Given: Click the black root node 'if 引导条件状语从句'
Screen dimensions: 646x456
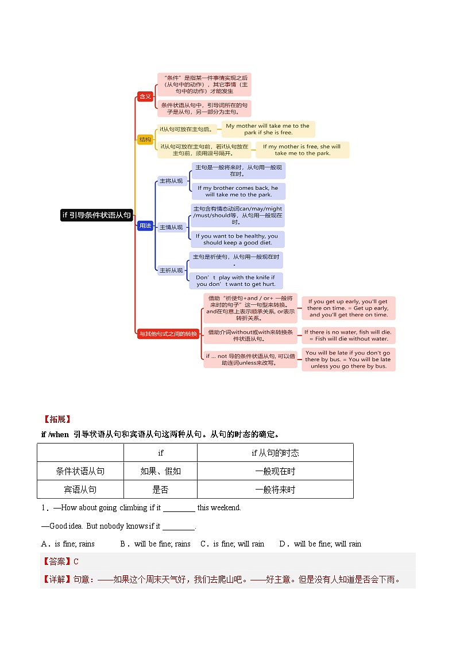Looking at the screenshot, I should (x=96, y=215).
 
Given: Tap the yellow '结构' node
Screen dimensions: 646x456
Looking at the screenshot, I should (x=145, y=139).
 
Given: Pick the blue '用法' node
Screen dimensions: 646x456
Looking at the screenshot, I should (x=145, y=226).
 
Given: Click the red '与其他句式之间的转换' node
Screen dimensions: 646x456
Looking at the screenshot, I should (x=168, y=334).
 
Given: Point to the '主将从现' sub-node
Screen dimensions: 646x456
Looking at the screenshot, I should (x=171, y=181).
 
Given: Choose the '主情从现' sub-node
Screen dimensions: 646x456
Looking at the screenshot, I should (x=171, y=227).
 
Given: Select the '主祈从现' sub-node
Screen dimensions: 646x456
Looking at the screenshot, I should (x=171, y=270).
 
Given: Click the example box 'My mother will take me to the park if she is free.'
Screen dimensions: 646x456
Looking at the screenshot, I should (x=268, y=129).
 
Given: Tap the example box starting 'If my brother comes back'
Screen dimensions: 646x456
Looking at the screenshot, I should (x=238, y=191).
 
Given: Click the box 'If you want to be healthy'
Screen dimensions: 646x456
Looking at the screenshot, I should (x=237, y=239).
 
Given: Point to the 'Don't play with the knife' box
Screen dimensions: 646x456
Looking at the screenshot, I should (x=235, y=281).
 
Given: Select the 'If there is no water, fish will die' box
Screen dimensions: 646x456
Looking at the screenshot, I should (x=348, y=335).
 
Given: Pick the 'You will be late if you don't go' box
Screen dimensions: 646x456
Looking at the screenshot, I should (x=348, y=360).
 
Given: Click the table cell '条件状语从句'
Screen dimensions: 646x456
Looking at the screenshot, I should (x=80, y=471).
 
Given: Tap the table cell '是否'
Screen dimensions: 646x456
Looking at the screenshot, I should (x=160, y=490).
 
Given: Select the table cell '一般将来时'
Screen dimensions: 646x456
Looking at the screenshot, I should (x=275, y=490).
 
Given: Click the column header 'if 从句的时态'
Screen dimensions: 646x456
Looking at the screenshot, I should (x=275, y=453).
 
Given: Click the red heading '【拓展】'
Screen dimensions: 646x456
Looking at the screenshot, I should (x=56, y=419).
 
